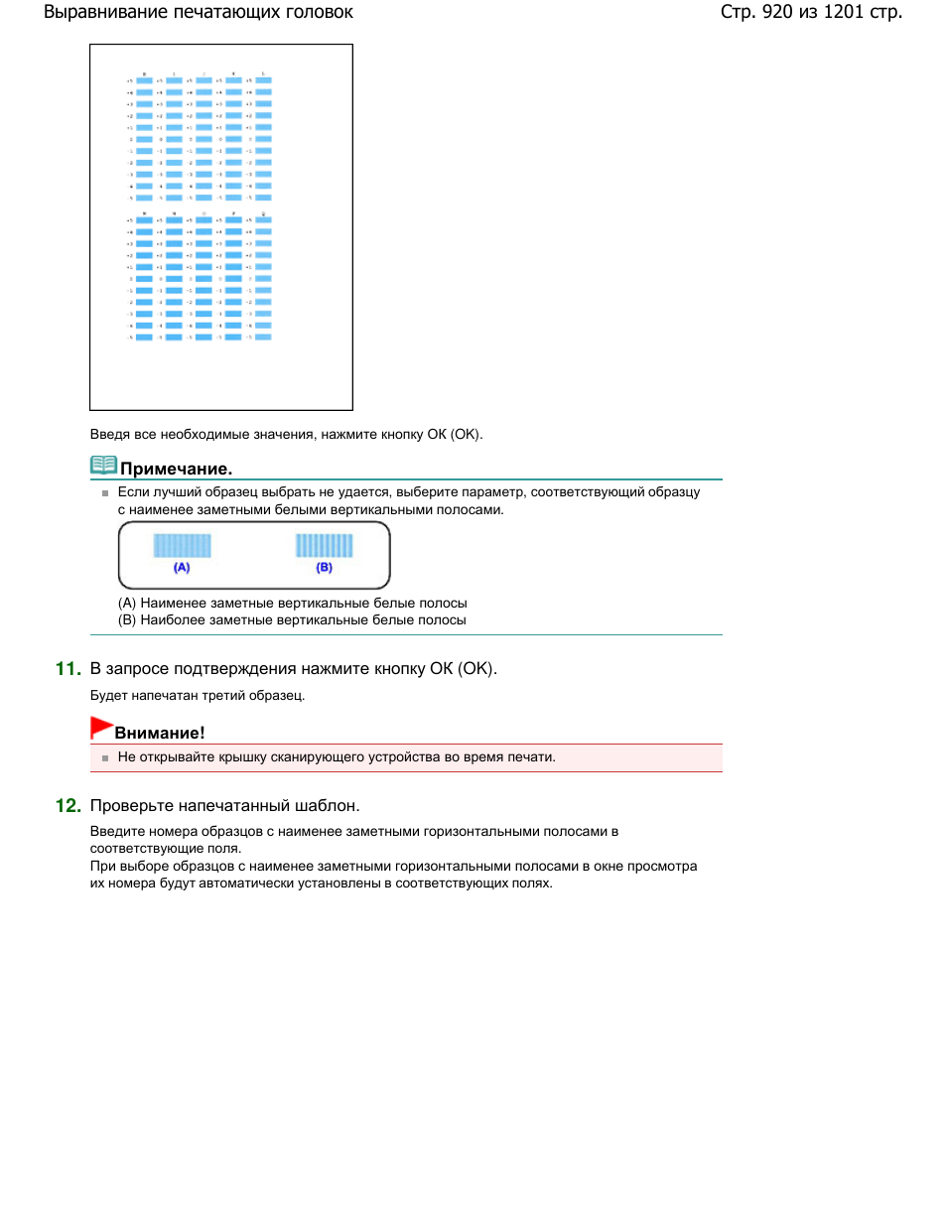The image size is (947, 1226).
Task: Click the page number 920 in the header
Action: click(x=777, y=12)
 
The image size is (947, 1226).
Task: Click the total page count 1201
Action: click(x=844, y=12)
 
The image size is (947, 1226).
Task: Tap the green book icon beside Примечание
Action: click(x=103, y=465)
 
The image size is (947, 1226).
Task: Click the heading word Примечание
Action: click(x=176, y=469)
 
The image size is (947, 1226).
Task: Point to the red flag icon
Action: click(x=101, y=727)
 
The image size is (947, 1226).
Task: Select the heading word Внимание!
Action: click(x=160, y=733)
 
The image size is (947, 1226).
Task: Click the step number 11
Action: click(x=68, y=669)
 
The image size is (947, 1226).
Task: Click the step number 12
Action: click(x=68, y=806)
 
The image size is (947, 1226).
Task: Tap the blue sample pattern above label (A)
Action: click(x=182, y=545)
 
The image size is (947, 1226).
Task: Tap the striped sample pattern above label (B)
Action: click(x=325, y=545)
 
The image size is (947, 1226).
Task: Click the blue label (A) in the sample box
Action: click(x=182, y=568)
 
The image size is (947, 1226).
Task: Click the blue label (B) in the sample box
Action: click(x=325, y=568)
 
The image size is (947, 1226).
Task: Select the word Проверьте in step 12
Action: click(x=131, y=806)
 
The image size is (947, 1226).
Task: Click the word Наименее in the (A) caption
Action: click(x=174, y=604)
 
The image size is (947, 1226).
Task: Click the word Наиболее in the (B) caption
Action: click(x=174, y=620)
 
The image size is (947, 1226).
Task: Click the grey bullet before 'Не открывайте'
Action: click(x=105, y=758)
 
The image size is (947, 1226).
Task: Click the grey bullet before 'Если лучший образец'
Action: click(x=105, y=493)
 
